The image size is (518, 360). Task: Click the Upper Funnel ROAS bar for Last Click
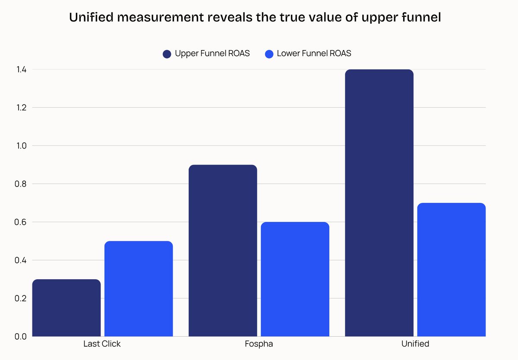(66, 308)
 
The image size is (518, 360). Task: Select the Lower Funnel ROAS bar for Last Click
(139, 289)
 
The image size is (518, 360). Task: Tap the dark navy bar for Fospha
(223, 250)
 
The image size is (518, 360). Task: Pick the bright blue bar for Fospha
(295, 279)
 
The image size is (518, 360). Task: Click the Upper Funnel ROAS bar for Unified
(379, 203)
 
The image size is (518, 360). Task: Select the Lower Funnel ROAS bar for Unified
(451, 270)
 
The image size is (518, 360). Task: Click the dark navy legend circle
(167, 54)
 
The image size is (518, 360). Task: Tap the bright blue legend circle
(269, 54)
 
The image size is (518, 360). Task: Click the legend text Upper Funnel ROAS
(212, 54)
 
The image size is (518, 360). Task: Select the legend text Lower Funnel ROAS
(314, 54)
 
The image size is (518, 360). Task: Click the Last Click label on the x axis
(102, 344)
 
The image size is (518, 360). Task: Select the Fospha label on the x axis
(259, 344)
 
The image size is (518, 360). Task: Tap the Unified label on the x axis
(415, 344)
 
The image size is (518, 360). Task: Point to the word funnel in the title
(418, 19)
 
